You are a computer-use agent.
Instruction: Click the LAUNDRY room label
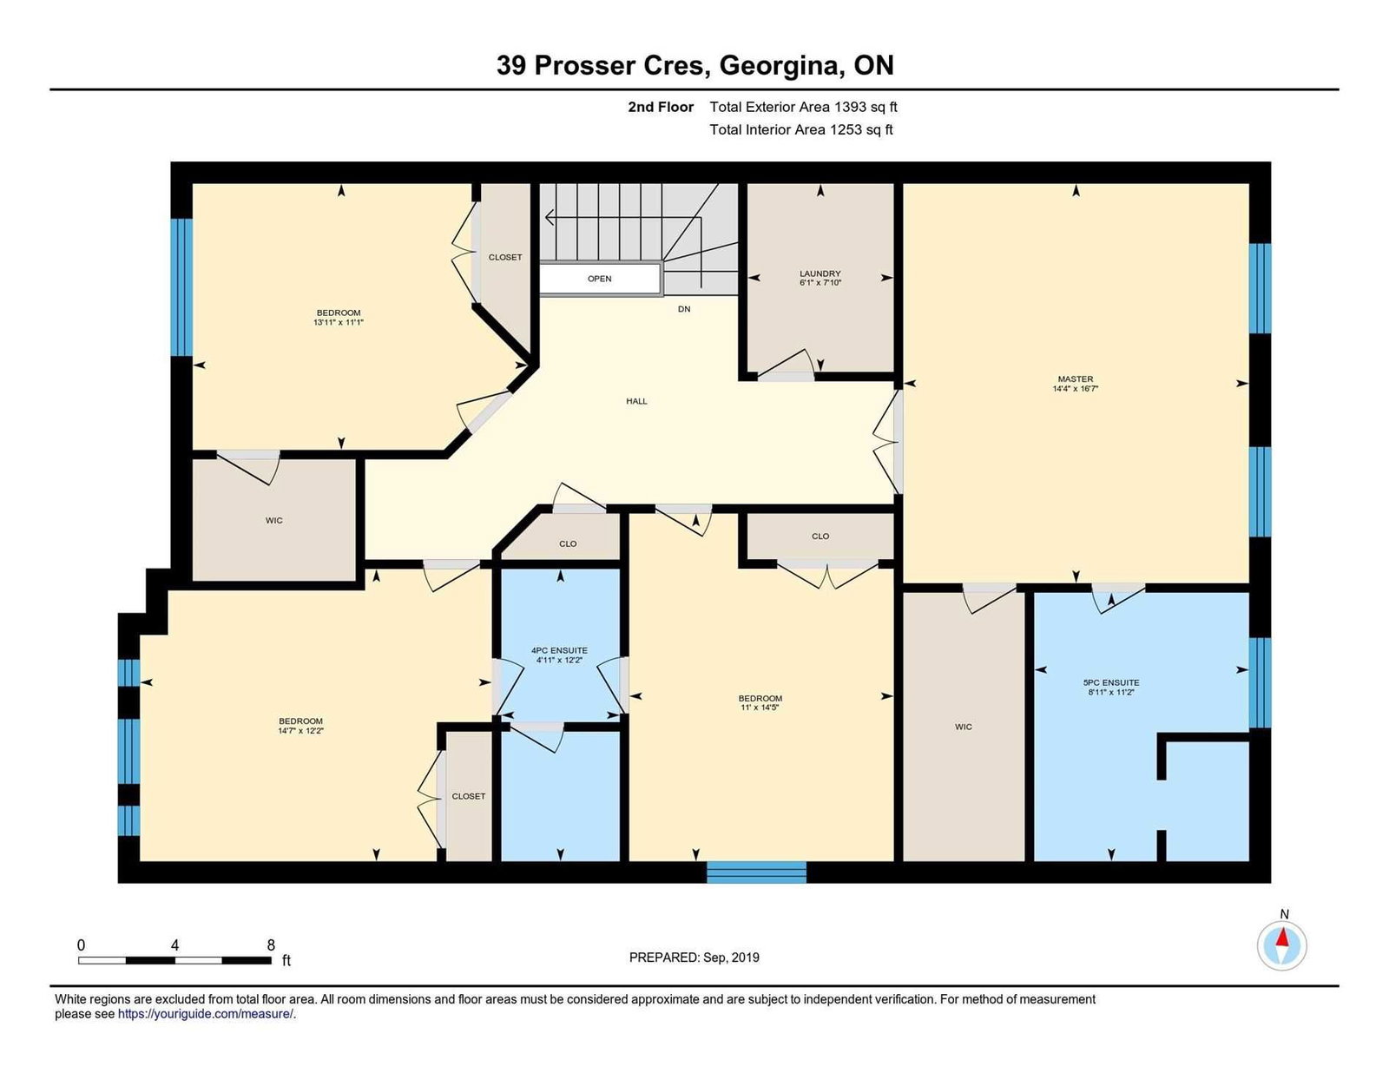[x=820, y=273]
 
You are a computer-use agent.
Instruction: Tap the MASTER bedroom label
[x=1075, y=379]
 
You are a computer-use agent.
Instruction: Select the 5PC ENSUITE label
[x=1111, y=682]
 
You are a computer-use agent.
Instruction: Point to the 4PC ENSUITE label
[x=559, y=650]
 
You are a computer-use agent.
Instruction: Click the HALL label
[x=636, y=401]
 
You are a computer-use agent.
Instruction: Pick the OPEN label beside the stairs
[x=600, y=279]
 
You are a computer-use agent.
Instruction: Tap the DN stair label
[x=684, y=309]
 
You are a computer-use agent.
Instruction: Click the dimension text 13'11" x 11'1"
[x=339, y=323]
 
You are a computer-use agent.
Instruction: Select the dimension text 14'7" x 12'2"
[x=300, y=730]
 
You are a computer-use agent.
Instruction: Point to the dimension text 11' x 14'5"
[x=760, y=708]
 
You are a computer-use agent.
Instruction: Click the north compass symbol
[x=1281, y=946]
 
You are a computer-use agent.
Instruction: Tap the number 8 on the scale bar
[x=270, y=945]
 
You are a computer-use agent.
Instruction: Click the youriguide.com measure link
[x=206, y=1014]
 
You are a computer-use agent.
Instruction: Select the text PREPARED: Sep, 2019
[x=694, y=958]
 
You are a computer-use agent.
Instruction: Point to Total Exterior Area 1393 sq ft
[x=804, y=107]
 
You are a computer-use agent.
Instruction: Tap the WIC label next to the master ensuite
[x=964, y=727]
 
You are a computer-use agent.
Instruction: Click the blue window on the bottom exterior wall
[x=756, y=872]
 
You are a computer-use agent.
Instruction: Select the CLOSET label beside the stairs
[x=505, y=257]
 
